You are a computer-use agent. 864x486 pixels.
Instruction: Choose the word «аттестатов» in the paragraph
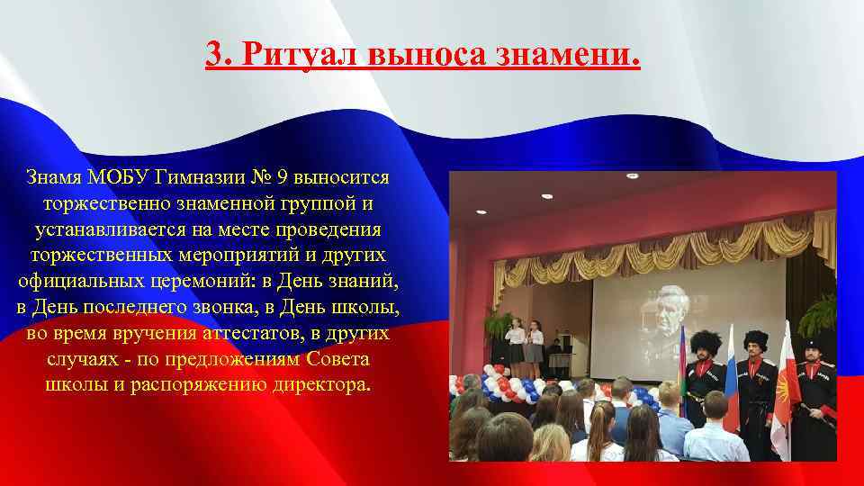point(236,333)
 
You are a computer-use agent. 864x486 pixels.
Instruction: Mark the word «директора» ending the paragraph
point(324,385)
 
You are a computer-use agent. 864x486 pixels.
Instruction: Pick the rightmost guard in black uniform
point(816,396)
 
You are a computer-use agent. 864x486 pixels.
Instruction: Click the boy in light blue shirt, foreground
point(717,432)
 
